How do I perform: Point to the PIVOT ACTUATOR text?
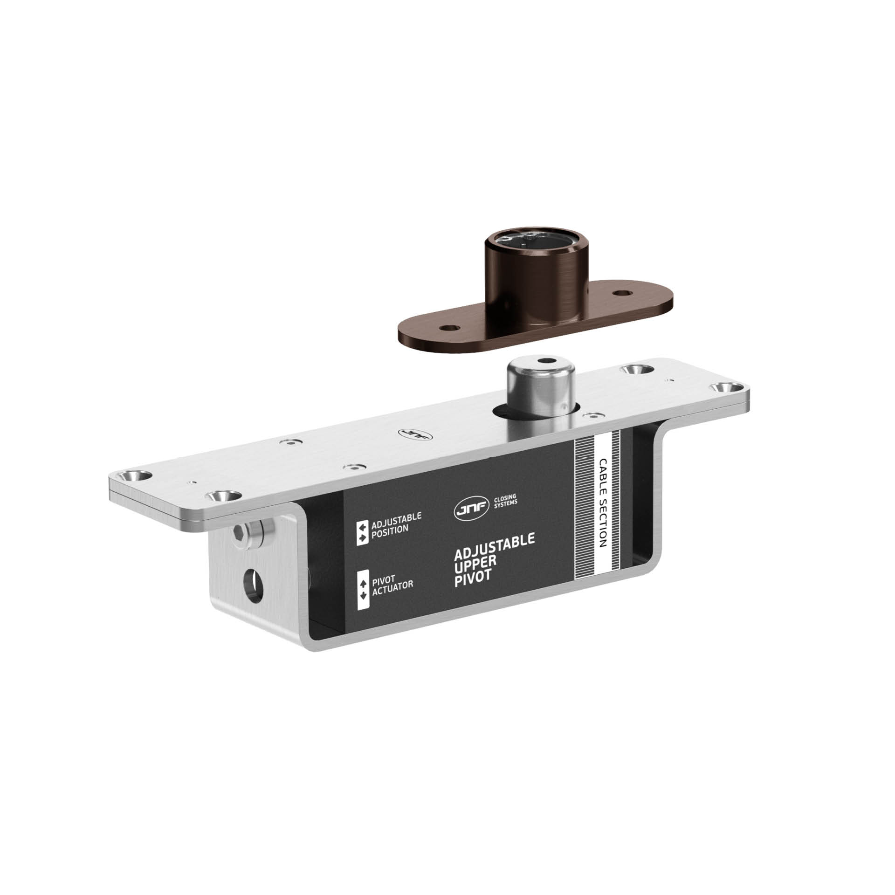(x=392, y=581)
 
